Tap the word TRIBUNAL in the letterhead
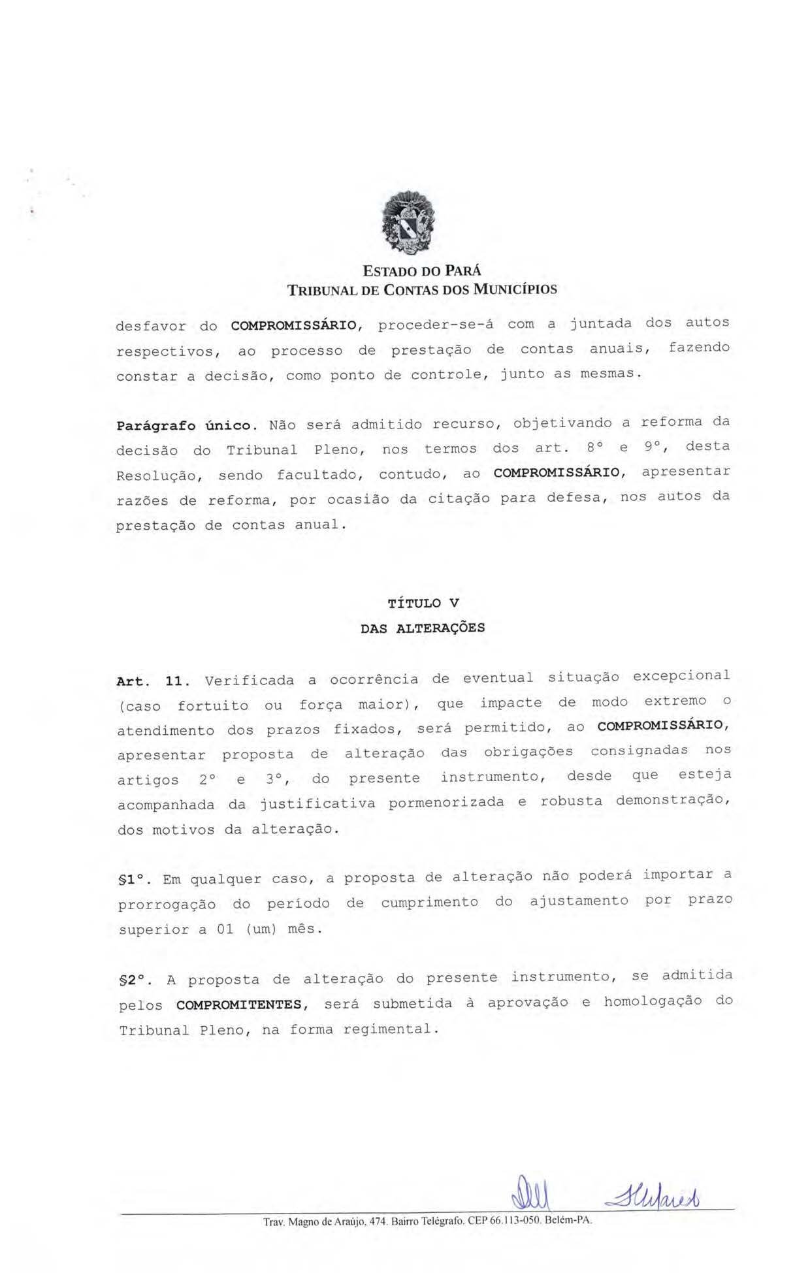tap(321, 289)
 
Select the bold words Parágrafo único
tap(184, 426)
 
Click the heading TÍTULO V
tap(423, 603)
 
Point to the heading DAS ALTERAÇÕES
tap(423, 628)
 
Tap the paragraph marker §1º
tap(135, 880)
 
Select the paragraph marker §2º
tap(136, 980)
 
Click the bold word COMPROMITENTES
tap(240, 1005)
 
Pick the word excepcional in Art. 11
tap(681, 676)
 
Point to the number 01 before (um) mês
tap(225, 929)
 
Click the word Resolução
tap(157, 476)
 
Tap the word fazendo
tap(698, 347)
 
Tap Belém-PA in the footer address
tap(568, 1221)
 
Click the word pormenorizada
tap(446, 802)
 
